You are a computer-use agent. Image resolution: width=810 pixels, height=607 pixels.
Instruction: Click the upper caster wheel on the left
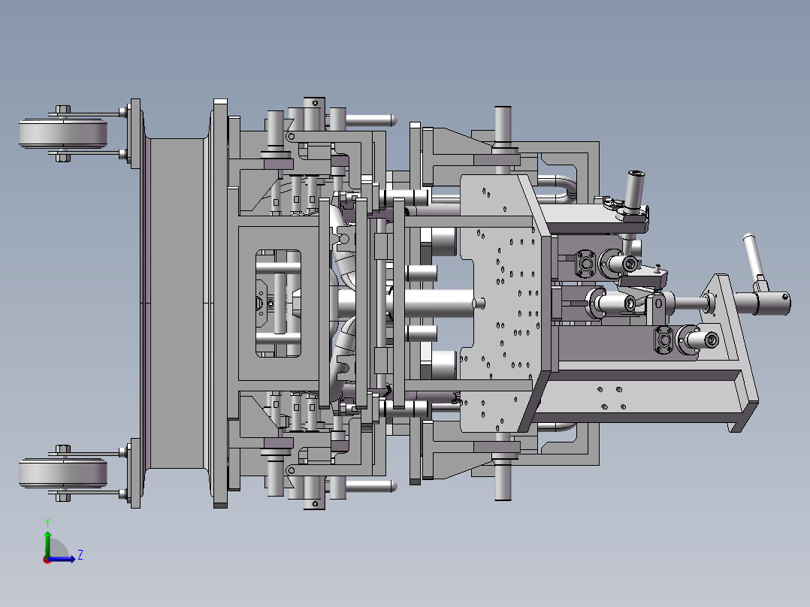(63, 133)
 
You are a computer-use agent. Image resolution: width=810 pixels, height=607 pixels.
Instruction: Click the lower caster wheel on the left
(63, 473)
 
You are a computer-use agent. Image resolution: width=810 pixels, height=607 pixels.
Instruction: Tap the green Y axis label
(47, 522)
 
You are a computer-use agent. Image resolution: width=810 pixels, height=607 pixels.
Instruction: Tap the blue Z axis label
(80, 555)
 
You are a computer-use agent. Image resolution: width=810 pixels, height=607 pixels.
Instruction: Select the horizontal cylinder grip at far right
(763, 303)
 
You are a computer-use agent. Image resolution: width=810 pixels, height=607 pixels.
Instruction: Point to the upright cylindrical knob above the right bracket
(635, 189)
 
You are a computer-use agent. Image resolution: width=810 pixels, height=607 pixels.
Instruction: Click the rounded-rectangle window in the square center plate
(279, 303)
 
